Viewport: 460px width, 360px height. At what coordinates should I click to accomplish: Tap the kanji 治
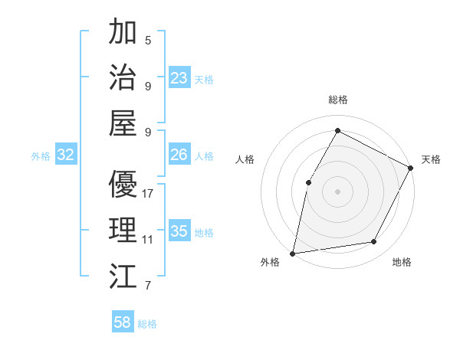pyautogui.click(x=123, y=78)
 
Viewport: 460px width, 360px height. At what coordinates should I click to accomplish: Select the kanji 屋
pyautogui.click(x=123, y=123)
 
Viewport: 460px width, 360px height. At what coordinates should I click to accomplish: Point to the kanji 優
pyautogui.click(x=123, y=185)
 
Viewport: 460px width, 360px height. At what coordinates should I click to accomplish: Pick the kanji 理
pyautogui.click(x=123, y=231)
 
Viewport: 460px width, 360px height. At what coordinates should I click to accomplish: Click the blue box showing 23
pyautogui.click(x=179, y=78)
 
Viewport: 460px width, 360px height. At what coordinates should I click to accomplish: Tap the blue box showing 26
pyautogui.click(x=179, y=155)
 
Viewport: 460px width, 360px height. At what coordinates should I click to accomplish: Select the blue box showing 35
pyautogui.click(x=179, y=232)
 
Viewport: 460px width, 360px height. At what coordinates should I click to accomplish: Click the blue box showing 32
pyautogui.click(x=66, y=155)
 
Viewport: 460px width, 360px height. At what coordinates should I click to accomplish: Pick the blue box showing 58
pyautogui.click(x=123, y=323)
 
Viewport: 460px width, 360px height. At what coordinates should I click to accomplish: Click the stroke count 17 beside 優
pyautogui.click(x=148, y=194)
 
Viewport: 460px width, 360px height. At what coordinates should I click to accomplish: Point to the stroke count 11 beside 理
pyautogui.click(x=148, y=240)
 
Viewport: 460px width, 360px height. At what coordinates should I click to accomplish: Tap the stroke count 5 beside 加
pyautogui.click(x=147, y=39)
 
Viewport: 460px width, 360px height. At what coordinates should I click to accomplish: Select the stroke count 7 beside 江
pyautogui.click(x=147, y=286)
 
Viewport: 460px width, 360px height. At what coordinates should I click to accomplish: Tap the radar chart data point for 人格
pyautogui.click(x=308, y=182)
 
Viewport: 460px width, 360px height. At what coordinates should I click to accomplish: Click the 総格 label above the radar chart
pyautogui.click(x=337, y=100)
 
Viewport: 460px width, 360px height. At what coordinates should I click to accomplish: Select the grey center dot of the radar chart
pyautogui.click(x=337, y=191)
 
